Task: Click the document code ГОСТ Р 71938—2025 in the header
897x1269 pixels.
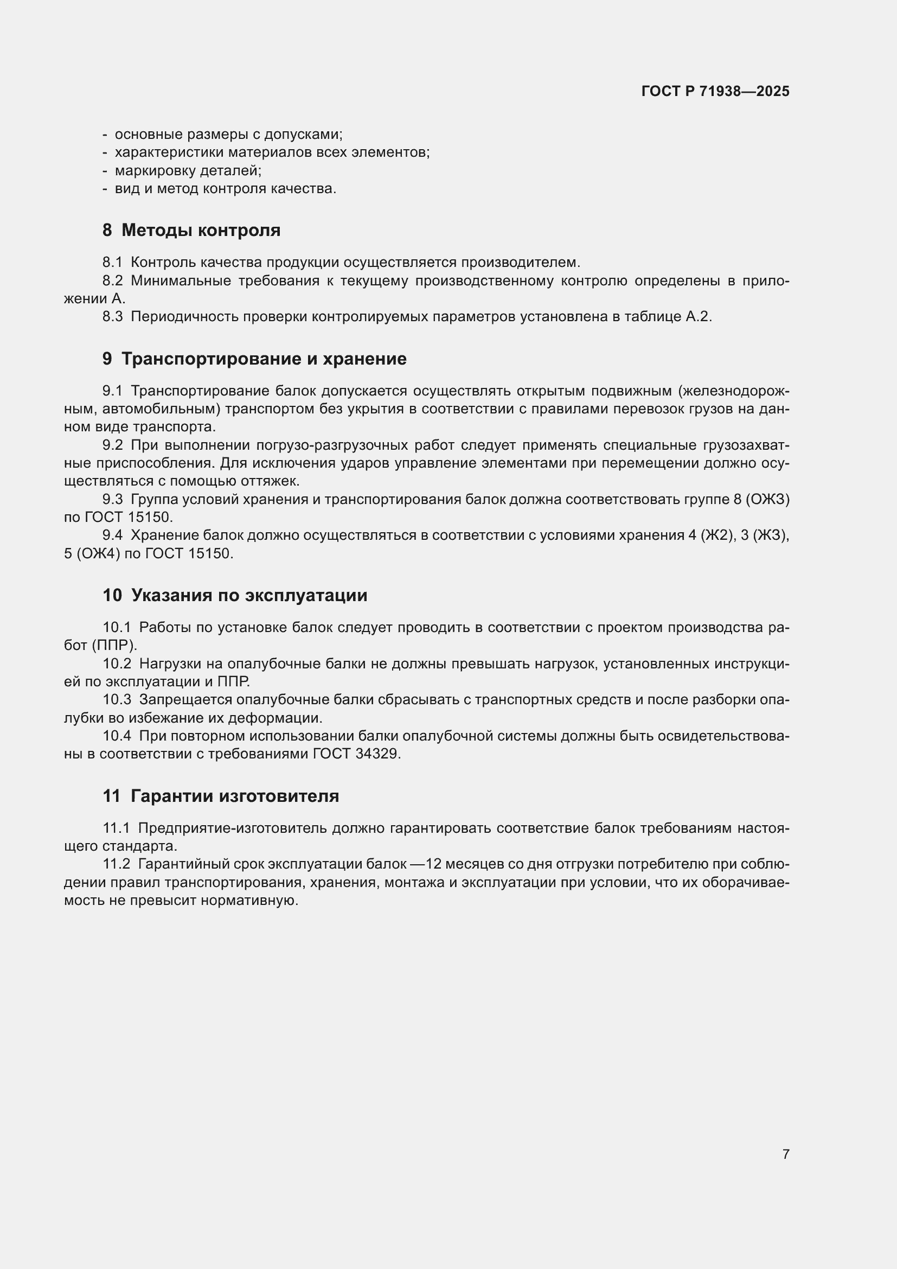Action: [x=715, y=91]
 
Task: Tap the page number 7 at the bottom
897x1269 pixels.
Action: [x=785, y=1154]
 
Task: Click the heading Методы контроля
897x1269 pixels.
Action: [x=201, y=230]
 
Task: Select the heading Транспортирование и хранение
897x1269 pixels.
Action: [x=264, y=359]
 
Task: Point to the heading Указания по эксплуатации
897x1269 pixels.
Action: [x=248, y=595]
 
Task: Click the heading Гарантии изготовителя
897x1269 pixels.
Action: [x=235, y=796]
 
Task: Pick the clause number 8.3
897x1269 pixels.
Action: [x=112, y=317]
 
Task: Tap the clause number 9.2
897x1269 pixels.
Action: [x=112, y=445]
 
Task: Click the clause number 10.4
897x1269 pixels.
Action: [x=117, y=736]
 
